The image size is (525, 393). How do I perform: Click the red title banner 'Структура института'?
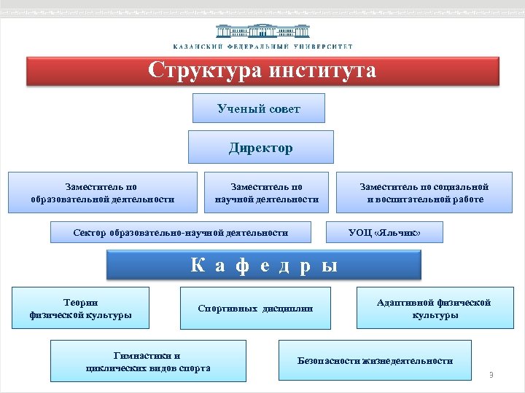point(262,72)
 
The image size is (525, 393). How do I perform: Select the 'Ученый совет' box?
point(259,108)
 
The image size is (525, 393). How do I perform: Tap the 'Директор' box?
point(260,148)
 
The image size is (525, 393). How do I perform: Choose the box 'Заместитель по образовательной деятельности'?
point(102,193)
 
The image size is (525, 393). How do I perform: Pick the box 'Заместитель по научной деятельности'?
point(266,193)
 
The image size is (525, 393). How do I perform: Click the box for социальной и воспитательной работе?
point(425,193)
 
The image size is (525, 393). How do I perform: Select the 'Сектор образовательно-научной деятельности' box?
point(181,233)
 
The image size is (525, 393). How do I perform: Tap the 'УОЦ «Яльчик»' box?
point(384,233)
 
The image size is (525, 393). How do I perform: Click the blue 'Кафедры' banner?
point(264,265)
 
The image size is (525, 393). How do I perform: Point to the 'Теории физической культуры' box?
point(81,309)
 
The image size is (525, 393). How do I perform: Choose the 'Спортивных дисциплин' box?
point(255,309)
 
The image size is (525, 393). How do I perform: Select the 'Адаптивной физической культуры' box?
point(435,309)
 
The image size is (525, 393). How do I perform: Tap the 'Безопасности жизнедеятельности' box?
point(375,360)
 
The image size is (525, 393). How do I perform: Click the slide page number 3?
point(491,375)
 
